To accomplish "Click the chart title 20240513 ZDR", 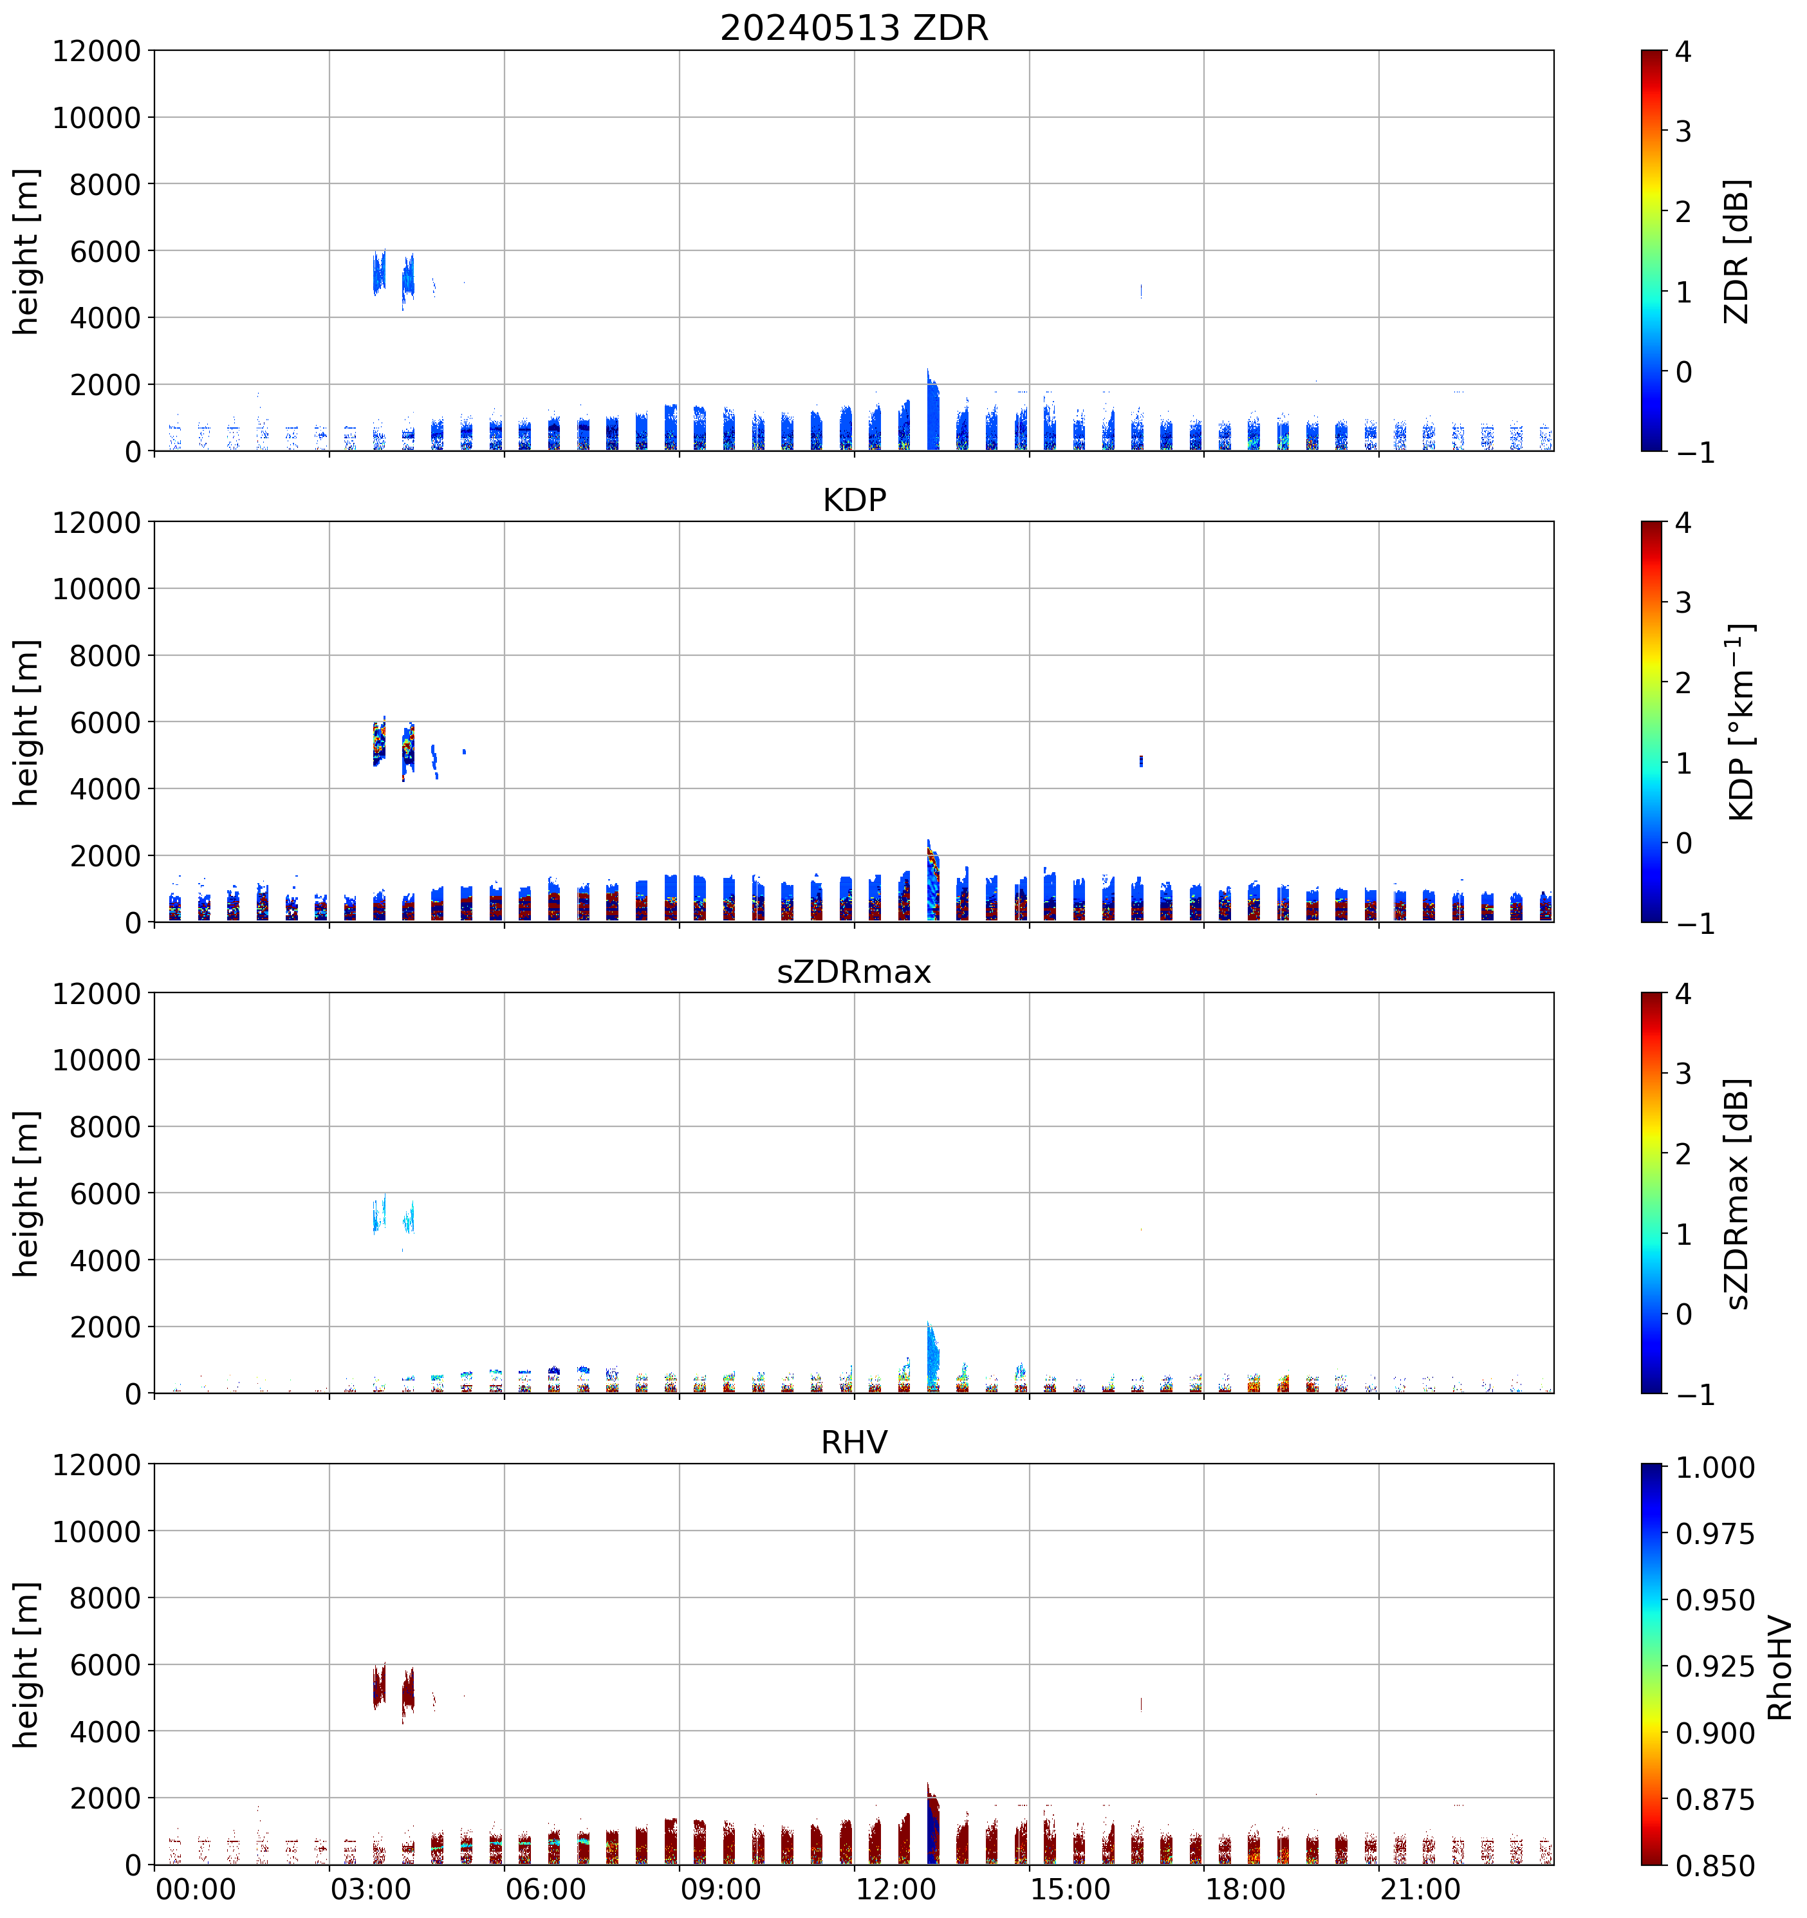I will point(854,28).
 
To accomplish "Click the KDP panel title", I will point(854,499).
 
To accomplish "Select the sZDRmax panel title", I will point(854,971).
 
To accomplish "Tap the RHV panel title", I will point(854,1442).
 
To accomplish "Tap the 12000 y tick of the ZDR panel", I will point(97,51).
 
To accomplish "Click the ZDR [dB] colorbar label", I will point(1737,251).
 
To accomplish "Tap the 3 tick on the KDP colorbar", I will point(1683,603).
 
